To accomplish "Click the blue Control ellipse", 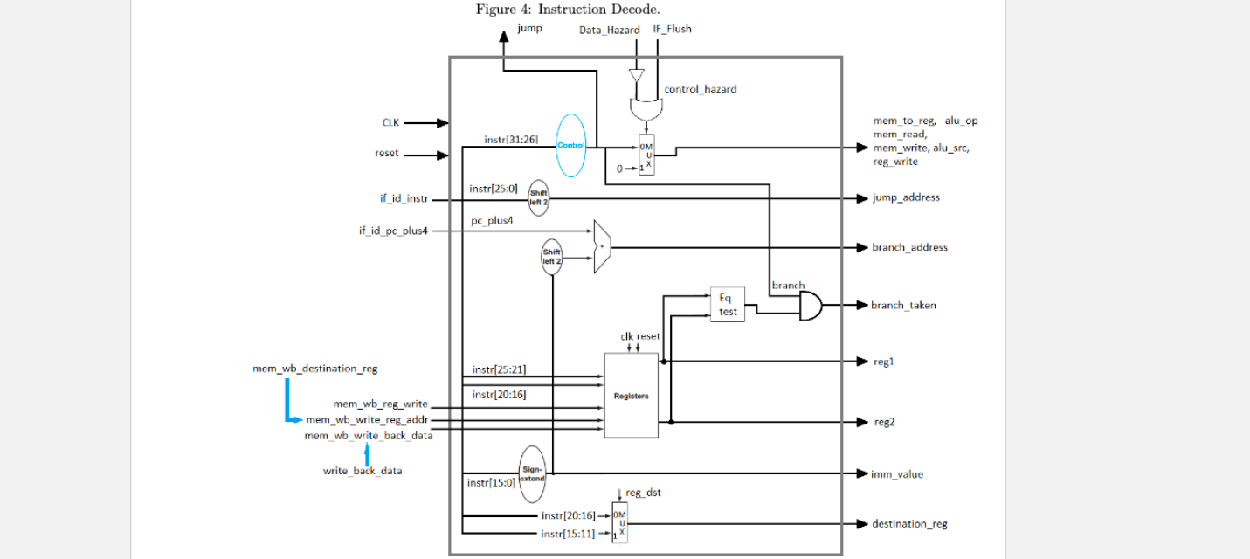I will tap(570, 145).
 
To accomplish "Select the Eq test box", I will tap(727, 305).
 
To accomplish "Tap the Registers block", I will tap(631, 396).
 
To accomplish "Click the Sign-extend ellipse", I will tap(533, 473).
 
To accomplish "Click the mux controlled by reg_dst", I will tap(619, 523).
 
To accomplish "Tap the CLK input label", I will tap(390, 123).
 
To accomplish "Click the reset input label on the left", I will tap(386, 154).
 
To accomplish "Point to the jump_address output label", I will tap(905, 197).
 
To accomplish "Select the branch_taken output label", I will tap(902, 306).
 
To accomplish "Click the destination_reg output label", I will tap(908, 524).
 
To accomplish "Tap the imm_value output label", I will tap(896, 474).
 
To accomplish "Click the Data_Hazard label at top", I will tap(609, 30).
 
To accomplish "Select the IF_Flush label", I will tap(672, 29).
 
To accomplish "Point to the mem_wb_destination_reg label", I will tap(315, 369).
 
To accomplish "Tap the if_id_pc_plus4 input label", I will tap(393, 231).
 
